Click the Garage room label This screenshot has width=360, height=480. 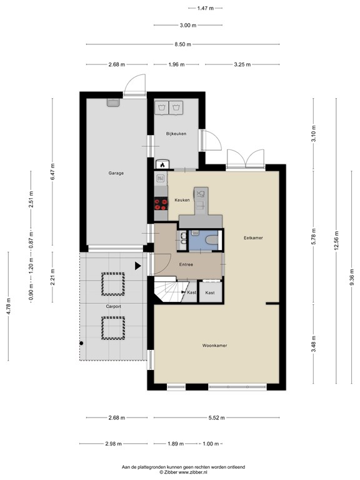116,173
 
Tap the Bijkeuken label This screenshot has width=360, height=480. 176,134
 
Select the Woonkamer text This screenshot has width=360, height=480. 214,345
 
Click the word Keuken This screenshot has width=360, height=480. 182,200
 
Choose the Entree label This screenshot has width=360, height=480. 186,265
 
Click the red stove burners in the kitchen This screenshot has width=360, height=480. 161,202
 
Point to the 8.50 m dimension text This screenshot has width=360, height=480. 184,44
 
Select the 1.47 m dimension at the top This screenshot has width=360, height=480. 205,8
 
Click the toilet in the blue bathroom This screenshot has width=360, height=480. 210,241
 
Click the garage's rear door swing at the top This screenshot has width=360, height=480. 134,86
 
